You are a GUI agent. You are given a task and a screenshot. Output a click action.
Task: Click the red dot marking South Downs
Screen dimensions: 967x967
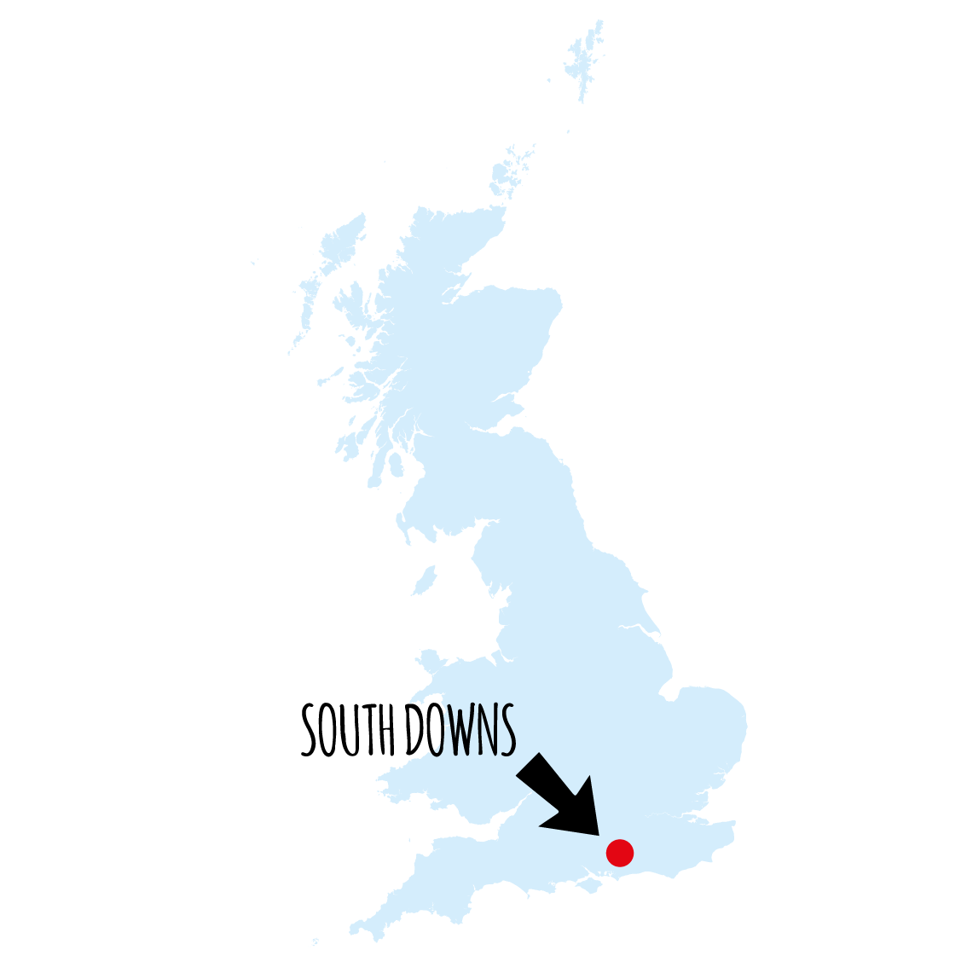620,852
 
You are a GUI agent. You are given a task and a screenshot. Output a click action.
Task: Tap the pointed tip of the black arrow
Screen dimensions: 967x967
599,834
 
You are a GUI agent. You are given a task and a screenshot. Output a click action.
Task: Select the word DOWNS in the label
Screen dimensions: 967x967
460,731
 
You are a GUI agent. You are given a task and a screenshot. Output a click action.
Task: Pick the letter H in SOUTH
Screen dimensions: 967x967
388,732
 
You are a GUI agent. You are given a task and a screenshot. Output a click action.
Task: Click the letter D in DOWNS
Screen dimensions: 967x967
414,732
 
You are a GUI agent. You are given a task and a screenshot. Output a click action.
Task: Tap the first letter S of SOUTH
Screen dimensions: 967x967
310,732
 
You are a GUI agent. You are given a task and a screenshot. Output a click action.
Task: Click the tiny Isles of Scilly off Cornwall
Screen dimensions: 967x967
316,942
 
